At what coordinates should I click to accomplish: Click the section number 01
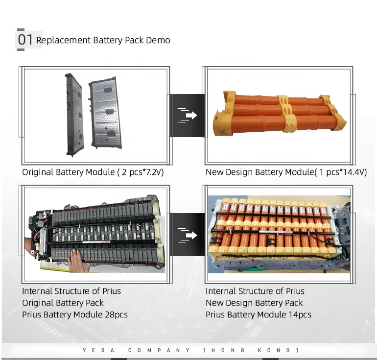coord(25,40)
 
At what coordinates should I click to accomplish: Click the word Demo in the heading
coord(158,40)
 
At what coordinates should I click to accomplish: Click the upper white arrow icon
coord(188,115)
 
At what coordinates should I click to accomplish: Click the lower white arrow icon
coord(188,235)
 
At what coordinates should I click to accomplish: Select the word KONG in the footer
coord(277,350)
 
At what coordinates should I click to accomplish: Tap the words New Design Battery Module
coord(259,172)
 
